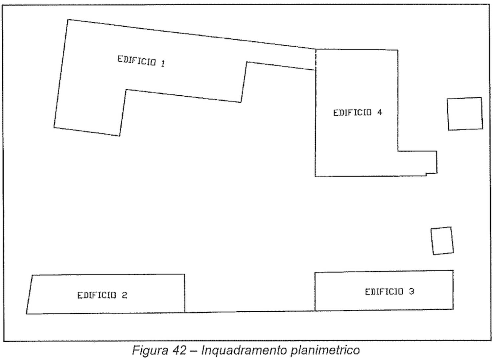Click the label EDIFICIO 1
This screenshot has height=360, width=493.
click(141, 61)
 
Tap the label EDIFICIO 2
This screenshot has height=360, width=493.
click(102, 295)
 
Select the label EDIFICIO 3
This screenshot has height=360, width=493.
click(389, 292)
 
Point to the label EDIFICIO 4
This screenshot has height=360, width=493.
click(358, 113)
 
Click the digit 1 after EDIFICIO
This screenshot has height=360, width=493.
click(163, 64)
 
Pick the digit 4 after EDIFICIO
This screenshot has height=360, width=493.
click(379, 112)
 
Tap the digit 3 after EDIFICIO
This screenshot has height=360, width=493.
click(411, 292)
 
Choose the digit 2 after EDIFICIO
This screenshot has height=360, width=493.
click(125, 295)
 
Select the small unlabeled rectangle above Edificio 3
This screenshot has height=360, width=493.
click(442, 241)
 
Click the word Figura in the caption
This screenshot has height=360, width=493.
click(150, 350)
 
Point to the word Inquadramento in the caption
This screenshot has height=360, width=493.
click(244, 350)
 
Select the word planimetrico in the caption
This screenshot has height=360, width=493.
click(325, 350)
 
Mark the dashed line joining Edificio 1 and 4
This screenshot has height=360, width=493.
click(316, 60)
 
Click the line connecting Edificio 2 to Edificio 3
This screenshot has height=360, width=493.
click(250, 312)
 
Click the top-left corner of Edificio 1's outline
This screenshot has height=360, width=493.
click(68, 20)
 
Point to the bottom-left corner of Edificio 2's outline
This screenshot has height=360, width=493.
click(26, 314)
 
